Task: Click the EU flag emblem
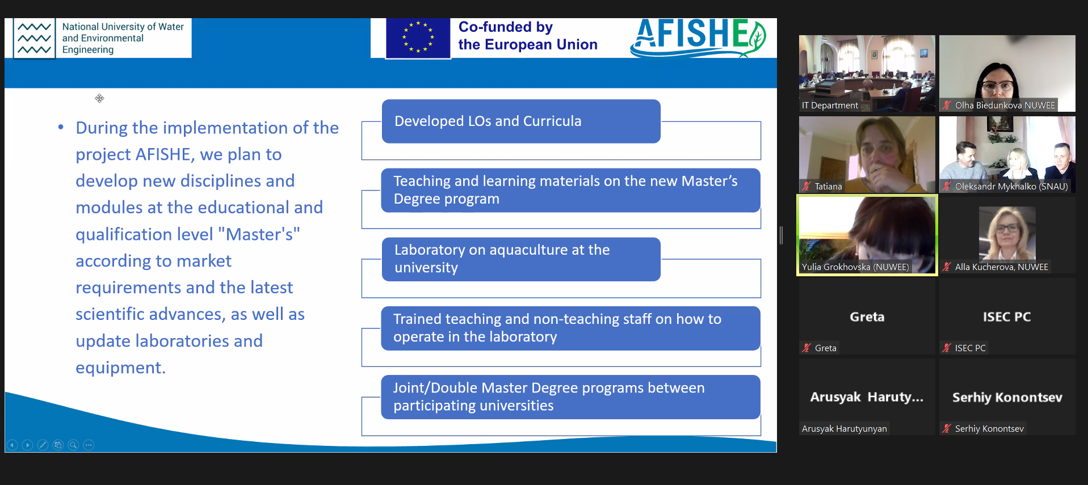[x=418, y=38]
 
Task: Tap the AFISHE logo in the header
[x=698, y=37]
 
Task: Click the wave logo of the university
[x=34, y=39]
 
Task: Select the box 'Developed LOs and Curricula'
[x=521, y=121]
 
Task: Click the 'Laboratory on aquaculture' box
[x=521, y=259]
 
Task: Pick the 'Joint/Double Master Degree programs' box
[x=570, y=397]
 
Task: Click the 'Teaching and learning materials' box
[x=570, y=190]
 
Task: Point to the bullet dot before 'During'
[x=61, y=127]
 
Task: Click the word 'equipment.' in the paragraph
[x=121, y=368]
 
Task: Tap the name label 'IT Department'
[x=830, y=106]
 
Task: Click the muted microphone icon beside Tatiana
[x=806, y=186]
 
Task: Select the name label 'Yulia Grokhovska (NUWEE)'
[x=855, y=267]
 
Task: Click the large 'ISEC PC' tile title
[x=1007, y=317]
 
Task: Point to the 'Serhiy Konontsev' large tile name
[x=1007, y=398]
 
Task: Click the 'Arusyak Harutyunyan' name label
[x=845, y=429]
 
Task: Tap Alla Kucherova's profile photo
[x=1007, y=233]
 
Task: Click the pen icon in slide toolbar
[x=43, y=445]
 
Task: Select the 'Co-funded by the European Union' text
[x=528, y=36]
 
